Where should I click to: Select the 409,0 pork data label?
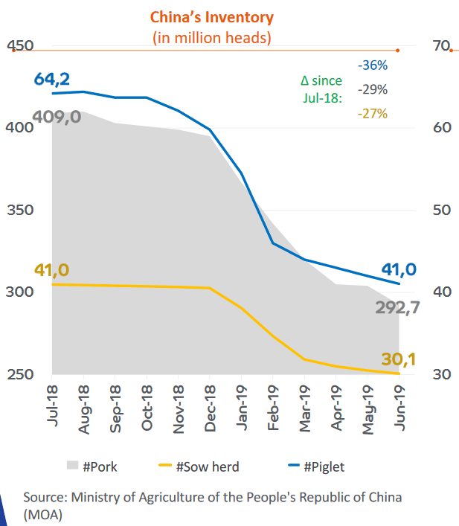click(x=57, y=117)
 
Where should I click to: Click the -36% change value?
click(x=372, y=66)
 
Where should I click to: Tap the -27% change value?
click(x=372, y=114)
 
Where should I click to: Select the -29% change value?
click(x=372, y=90)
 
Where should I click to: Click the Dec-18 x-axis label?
click(x=209, y=406)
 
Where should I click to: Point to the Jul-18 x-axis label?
click(x=53, y=406)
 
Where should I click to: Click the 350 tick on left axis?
click(x=21, y=210)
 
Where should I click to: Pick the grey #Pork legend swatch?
click(x=71, y=466)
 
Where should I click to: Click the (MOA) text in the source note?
click(x=43, y=513)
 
